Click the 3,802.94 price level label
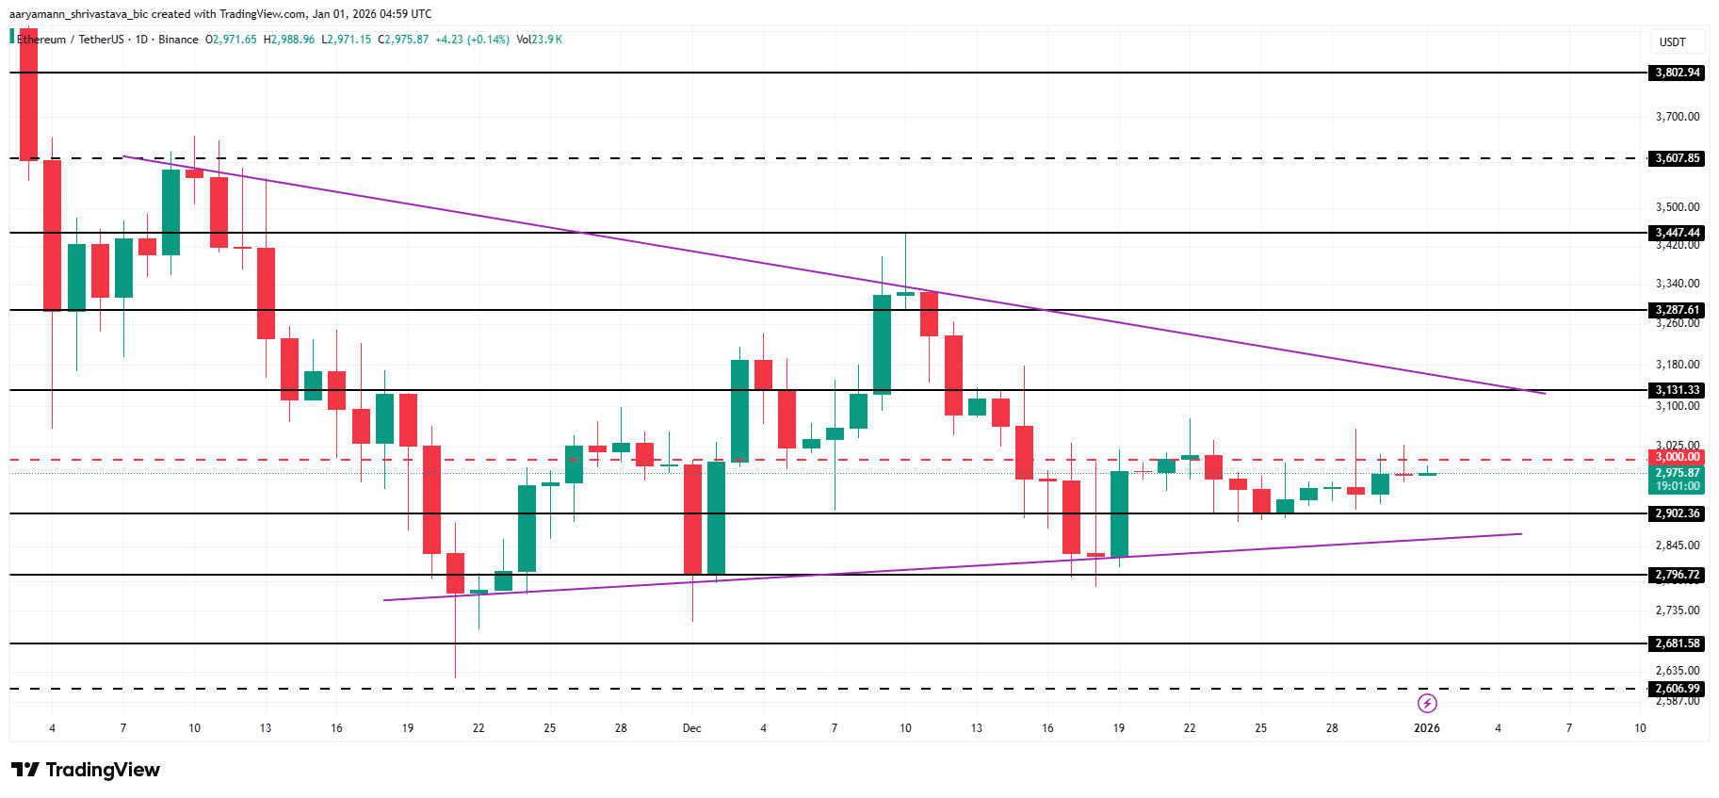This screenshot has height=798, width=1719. pos(1678,73)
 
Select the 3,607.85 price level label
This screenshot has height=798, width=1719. pos(1678,158)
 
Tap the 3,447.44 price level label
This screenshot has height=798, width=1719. pos(1678,233)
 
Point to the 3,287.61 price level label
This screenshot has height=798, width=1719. pos(1678,310)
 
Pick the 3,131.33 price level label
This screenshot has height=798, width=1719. pos(1678,390)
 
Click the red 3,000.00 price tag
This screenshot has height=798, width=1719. pos(1678,457)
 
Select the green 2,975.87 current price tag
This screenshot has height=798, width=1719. pos(1678,473)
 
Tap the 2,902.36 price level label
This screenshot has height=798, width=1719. pos(1678,513)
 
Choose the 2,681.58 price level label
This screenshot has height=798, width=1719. pos(1678,643)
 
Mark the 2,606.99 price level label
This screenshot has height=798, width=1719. pos(1678,689)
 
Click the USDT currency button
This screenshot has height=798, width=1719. pos(1672,42)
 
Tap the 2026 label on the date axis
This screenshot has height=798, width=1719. pos(1426,728)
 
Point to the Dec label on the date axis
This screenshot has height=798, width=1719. pos(692,728)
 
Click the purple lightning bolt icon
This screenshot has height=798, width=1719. pos(1427,704)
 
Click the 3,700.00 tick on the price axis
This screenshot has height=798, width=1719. pos(1678,117)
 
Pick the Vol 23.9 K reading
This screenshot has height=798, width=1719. pos(539,40)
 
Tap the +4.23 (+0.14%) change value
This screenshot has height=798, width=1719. pos(472,40)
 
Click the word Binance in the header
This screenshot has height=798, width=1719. pos(178,40)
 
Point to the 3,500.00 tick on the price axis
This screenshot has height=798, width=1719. pos(1678,207)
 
